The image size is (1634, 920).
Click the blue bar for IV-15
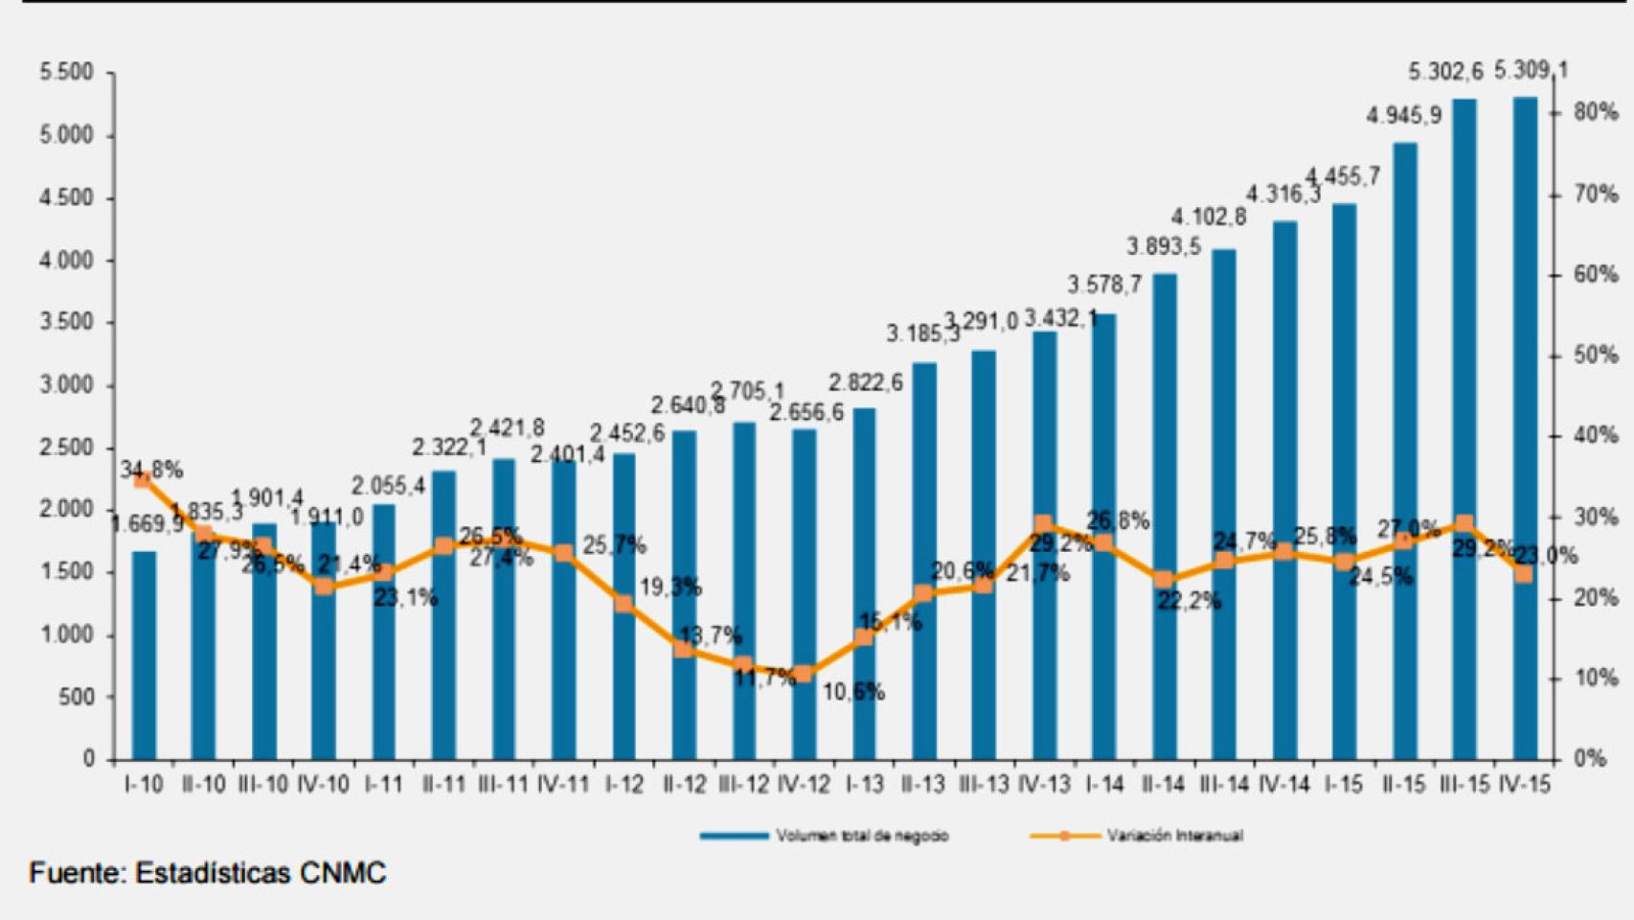click(x=1525, y=431)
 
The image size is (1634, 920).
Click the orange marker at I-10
click(x=143, y=480)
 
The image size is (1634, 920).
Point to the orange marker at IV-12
click(x=804, y=674)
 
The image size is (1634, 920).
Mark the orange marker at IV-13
click(x=1044, y=525)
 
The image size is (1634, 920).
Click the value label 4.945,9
click(x=1403, y=116)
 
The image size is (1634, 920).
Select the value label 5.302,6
click(x=1445, y=72)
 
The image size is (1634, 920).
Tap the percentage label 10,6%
click(x=853, y=692)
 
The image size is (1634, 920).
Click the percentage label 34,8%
click(x=151, y=471)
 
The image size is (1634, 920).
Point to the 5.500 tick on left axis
click(x=66, y=73)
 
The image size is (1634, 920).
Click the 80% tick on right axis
click(x=1595, y=112)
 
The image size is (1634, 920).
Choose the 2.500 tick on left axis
click(x=66, y=448)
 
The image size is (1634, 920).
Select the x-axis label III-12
click(x=743, y=784)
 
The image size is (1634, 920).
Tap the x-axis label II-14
click(x=1164, y=784)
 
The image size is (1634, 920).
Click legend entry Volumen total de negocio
click(x=861, y=836)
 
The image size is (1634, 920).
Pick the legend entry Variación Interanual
click(x=1174, y=836)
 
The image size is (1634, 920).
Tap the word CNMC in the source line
click(x=342, y=873)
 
